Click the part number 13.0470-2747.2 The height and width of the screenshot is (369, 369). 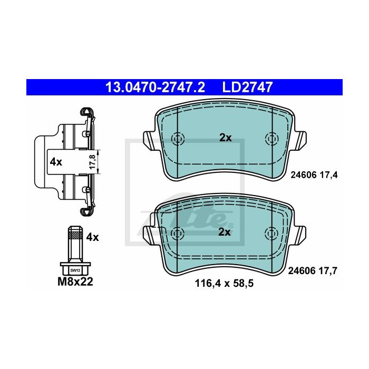(x=156, y=87)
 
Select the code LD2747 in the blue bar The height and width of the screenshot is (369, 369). (x=247, y=87)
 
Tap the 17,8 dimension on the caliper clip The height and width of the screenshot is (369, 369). (x=93, y=161)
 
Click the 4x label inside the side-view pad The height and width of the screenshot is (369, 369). (x=56, y=162)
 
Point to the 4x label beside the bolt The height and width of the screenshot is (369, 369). (x=92, y=237)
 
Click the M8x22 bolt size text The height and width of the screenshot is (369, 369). (x=75, y=281)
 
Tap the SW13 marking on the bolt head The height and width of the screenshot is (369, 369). (x=75, y=270)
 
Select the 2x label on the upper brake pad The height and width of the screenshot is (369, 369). (x=226, y=138)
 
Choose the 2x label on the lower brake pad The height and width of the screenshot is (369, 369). (x=225, y=232)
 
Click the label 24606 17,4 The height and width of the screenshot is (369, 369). (x=314, y=175)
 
